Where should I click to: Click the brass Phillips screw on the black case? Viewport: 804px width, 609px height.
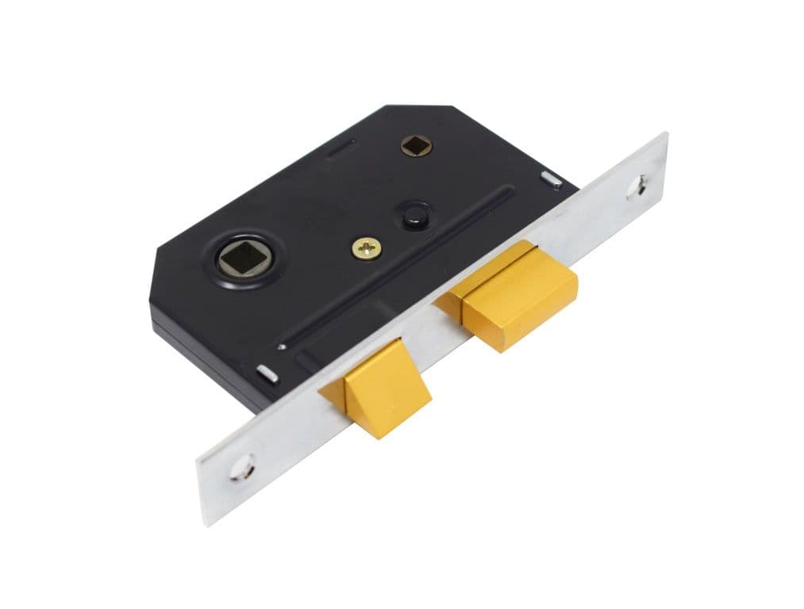[x=366, y=248]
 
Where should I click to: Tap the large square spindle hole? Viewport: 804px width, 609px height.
[x=238, y=258]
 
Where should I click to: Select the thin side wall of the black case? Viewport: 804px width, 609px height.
[x=206, y=349]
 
